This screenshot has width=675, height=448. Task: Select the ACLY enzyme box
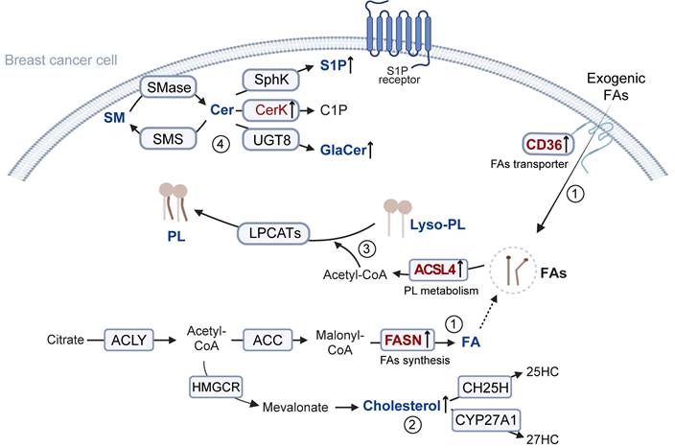[132, 340]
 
